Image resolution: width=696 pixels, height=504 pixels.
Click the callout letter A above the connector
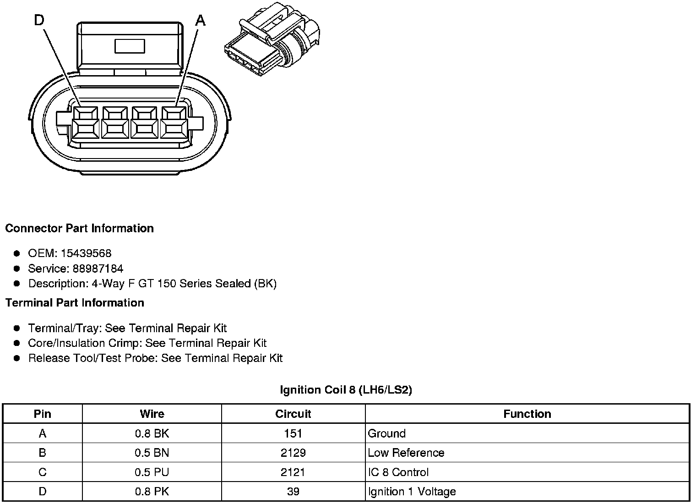tap(200, 20)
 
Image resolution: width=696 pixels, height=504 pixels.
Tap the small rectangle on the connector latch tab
tap(130, 46)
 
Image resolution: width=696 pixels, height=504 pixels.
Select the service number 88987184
tap(98, 268)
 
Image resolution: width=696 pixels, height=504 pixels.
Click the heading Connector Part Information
tap(79, 228)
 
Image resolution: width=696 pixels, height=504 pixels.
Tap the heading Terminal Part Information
tap(75, 303)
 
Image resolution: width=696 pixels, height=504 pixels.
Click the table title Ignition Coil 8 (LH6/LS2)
tap(346, 390)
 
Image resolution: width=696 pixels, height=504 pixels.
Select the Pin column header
tap(43, 414)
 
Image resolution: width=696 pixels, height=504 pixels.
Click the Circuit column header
tap(293, 414)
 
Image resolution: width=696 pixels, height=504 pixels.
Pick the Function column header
tap(527, 414)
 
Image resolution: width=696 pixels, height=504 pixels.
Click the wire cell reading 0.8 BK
tap(152, 433)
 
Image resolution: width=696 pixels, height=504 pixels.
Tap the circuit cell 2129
tap(293, 453)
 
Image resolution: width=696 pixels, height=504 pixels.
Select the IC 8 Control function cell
tap(398, 472)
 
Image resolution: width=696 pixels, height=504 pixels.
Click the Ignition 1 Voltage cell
tap(412, 492)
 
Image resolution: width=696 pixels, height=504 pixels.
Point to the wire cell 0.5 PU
tap(152, 472)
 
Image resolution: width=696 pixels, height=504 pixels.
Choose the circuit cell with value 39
tap(293, 492)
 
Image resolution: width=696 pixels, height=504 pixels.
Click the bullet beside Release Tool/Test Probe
tap(17, 358)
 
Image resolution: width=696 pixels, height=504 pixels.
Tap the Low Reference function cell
tap(406, 453)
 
